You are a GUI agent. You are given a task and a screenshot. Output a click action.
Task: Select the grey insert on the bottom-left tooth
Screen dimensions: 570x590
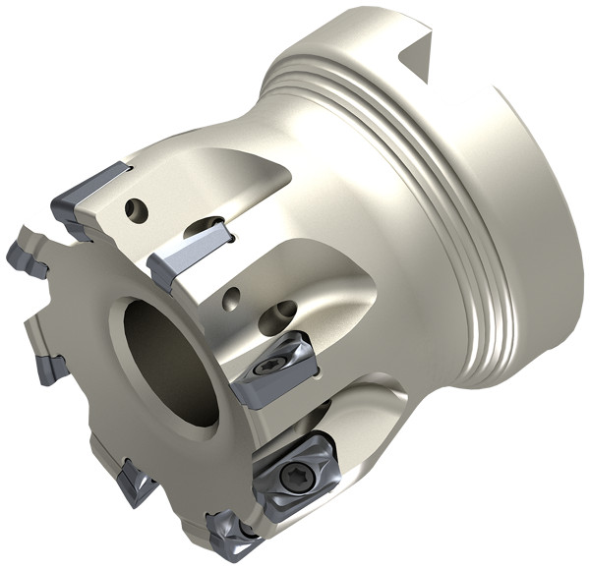pyautogui.click(x=130, y=482)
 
